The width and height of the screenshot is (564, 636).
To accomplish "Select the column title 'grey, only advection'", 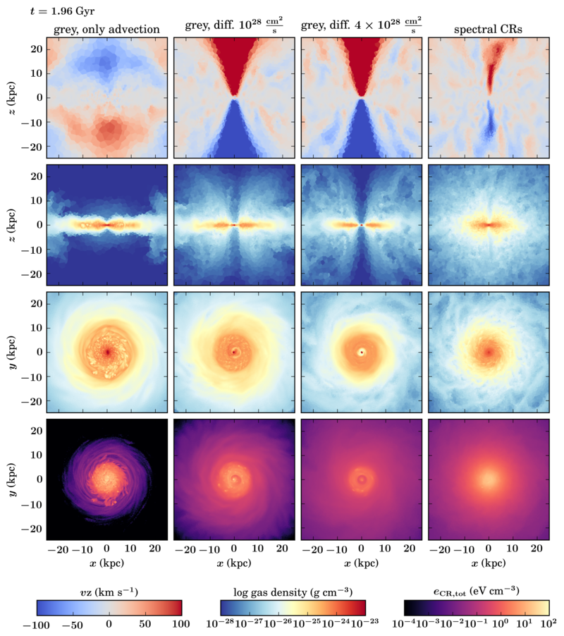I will point(106,29).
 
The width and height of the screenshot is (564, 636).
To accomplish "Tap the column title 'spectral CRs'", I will point(489,29).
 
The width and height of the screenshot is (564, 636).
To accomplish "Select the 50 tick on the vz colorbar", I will point(145,624).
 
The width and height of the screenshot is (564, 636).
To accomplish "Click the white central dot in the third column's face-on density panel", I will point(362,352).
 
